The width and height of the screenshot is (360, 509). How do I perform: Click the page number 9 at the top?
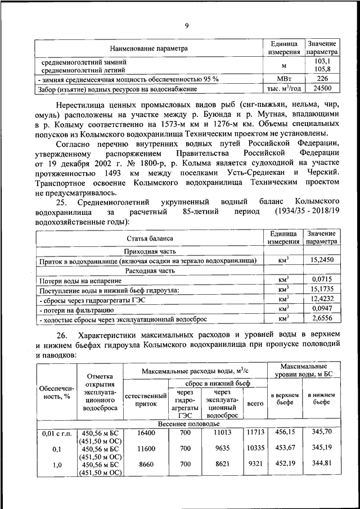[x=186, y=25]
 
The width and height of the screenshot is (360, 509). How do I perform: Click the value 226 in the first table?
[x=322, y=79]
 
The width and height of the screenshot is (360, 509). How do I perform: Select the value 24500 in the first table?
[x=322, y=89]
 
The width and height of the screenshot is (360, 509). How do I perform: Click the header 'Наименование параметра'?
[x=148, y=48]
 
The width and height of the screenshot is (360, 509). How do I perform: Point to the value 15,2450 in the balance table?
[x=322, y=260]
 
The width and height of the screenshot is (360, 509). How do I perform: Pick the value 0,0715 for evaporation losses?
[x=322, y=279]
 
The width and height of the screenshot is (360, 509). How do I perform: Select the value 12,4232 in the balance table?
[x=322, y=299]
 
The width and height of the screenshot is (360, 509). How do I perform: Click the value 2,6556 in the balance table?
[x=322, y=318]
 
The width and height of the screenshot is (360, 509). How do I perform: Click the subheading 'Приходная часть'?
[x=150, y=251]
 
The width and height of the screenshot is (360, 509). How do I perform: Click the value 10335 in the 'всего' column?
[x=255, y=448]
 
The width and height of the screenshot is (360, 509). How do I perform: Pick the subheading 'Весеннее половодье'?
[x=188, y=422]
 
